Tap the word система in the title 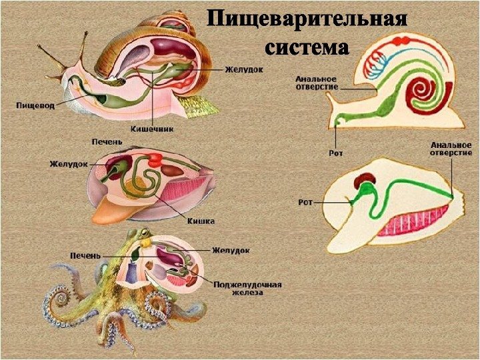click(306, 48)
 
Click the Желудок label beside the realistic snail click(243, 69)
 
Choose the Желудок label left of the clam click(69, 162)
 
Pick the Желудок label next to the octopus click(231, 251)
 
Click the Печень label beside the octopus click(86, 255)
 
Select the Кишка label click(201, 221)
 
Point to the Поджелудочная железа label click(247, 288)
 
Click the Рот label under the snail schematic click(335, 153)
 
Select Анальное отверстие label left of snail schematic click(317, 83)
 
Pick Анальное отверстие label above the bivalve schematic click(450, 147)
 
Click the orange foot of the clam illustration click(113, 210)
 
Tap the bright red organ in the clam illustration click(155, 159)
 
